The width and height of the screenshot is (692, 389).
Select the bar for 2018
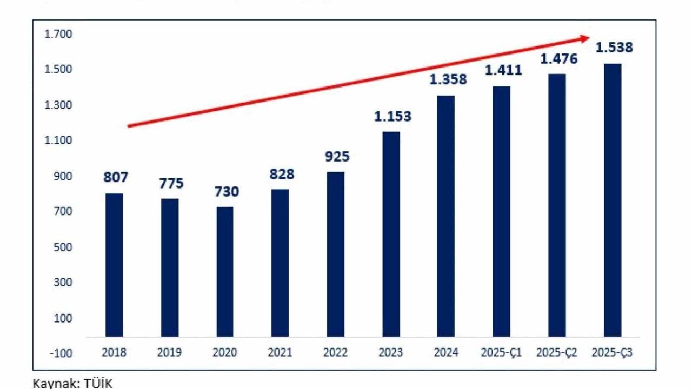(114, 265)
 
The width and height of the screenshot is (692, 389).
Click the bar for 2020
(224, 272)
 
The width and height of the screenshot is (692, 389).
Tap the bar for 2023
(391, 234)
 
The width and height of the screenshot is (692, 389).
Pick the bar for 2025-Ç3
(613, 200)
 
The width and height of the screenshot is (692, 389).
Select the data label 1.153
(392, 116)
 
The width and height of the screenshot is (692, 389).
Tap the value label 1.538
(614, 48)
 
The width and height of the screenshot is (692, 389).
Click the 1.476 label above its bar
(559, 58)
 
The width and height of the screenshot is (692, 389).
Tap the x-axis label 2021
(280, 353)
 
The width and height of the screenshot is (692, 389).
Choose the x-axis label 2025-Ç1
(501, 353)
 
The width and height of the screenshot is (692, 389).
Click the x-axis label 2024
(446, 353)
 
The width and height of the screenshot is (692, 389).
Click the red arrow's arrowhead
(584, 38)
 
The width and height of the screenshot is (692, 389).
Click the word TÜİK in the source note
(99, 383)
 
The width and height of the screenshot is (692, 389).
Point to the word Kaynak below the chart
(52, 383)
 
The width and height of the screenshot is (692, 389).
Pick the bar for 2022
(335, 254)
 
